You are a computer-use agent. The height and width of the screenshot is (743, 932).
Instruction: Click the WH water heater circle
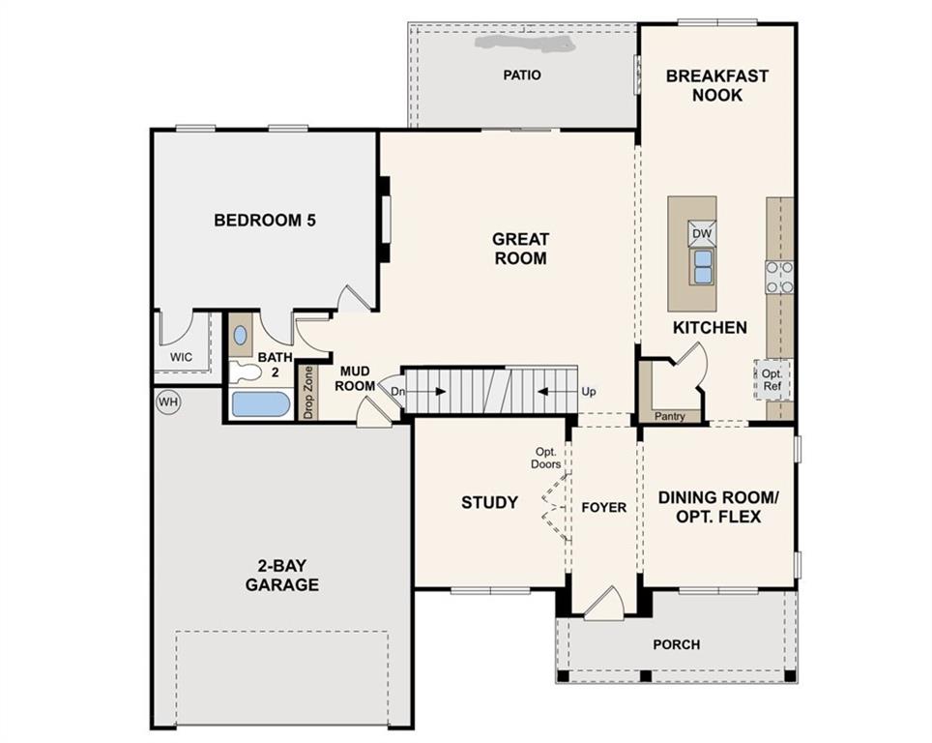[168, 402]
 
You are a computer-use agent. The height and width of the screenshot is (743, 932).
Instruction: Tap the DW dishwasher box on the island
[701, 234]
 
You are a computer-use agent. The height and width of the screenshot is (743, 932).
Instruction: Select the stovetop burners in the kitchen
[779, 278]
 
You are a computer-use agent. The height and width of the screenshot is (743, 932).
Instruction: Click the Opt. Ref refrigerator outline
[772, 379]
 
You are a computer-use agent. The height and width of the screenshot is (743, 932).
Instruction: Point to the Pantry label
[669, 416]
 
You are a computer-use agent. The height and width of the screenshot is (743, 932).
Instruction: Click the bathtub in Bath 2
[260, 404]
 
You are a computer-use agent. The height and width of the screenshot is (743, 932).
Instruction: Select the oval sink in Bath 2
[240, 336]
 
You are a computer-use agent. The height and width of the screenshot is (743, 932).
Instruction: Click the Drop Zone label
[307, 392]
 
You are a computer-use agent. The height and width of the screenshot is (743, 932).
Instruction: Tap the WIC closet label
[182, 357]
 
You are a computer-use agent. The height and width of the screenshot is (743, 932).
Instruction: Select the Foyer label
[604, 508]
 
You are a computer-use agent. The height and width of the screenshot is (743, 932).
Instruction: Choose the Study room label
[490, 503]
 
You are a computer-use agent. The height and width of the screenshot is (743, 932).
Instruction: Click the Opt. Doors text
[545, 458]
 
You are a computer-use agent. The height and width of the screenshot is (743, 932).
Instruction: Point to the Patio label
[522, 74]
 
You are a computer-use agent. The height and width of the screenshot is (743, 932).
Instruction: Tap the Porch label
[677, 644]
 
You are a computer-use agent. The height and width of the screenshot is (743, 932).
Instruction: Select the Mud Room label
[355, 379]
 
